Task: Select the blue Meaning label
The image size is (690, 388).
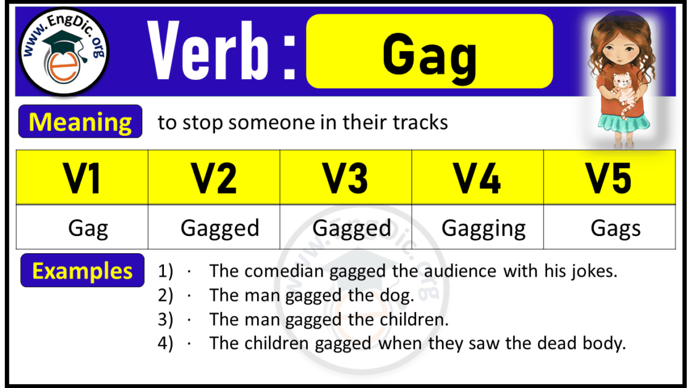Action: [x=80, y=122]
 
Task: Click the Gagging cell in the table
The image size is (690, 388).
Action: [x=483, y=229]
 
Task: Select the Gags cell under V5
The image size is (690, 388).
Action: [x=616, y=229]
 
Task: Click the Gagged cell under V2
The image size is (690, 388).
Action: [x=219, y=229]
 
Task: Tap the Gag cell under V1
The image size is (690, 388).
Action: [x=88, y=229]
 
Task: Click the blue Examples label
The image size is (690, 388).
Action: [x=82, y=271]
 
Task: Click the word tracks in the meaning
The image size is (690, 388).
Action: [x=420, y=122]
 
